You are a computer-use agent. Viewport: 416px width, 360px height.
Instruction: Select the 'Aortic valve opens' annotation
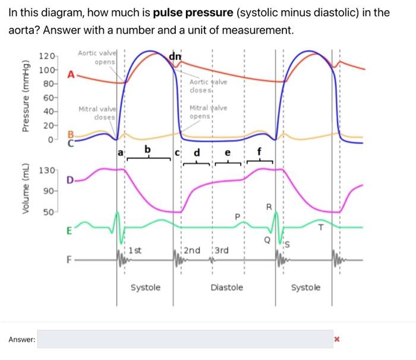pyautogui.click(x=98, y=58)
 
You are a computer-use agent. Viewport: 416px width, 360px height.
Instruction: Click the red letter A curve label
pyautogui.click(x=71, y=75)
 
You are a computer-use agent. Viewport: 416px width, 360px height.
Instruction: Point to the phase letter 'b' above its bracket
pyautogui.click(x=148, y=148)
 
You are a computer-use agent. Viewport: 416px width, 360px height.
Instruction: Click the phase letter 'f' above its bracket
pyautogui.click(x=259, y=151)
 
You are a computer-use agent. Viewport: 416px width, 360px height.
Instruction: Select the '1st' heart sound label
pyautogui.click(x=135, y=250)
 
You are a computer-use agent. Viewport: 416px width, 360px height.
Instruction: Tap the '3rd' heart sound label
pyautogui.click(x=221, y=250)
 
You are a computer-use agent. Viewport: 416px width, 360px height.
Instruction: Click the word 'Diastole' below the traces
pyautogui.click(x=227, y=288)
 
